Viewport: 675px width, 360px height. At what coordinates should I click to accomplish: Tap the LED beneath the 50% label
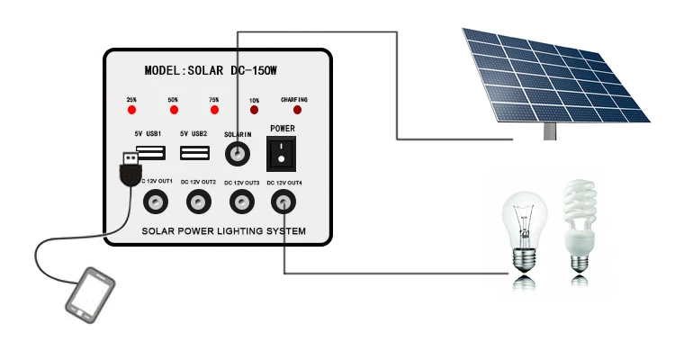pos(173,110)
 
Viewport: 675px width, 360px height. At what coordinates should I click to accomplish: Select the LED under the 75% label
pos(214,110)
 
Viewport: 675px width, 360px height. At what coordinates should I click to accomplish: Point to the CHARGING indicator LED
pos(297,110)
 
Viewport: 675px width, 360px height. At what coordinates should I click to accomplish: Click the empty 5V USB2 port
pos(193,154)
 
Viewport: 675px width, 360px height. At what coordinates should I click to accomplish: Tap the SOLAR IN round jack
pos(238,155)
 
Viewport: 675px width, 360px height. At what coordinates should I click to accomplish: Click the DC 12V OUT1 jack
pos(158,202)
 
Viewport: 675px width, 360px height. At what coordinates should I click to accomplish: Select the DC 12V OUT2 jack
pos(199,202)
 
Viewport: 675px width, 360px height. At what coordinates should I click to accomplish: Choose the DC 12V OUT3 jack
pos(241,202)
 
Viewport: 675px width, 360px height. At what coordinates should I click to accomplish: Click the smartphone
pos(91,292)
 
